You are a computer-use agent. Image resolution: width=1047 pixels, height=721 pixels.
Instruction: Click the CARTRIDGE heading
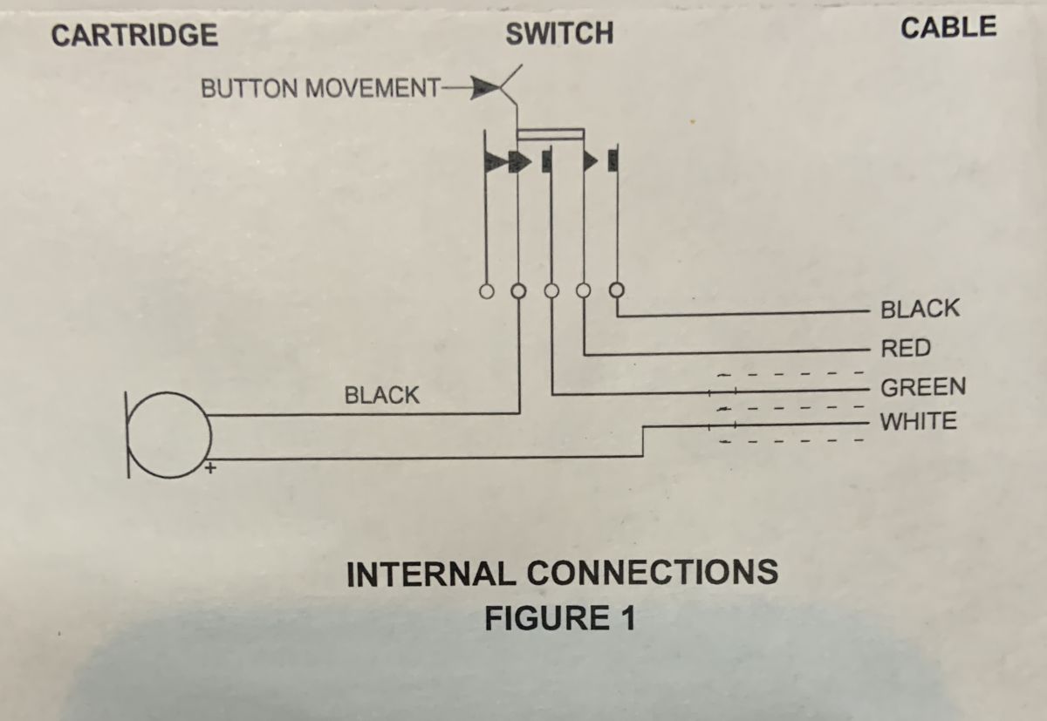tap(134, 35)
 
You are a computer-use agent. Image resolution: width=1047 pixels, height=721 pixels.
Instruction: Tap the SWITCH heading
tap(559, 34)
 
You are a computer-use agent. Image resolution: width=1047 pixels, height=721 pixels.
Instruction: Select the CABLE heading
tap(948, 28)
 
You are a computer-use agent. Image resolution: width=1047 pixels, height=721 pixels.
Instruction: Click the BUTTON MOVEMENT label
tap(320, 89)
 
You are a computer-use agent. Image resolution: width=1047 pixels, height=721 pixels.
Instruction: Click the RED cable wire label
tap(906, 349)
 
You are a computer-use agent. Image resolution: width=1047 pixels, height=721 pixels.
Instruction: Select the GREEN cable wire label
tap(923, 386)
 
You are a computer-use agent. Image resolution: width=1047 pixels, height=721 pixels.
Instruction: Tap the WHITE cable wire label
tap(918, 422)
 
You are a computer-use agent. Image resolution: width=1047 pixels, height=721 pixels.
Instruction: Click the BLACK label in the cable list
tap(920, 309)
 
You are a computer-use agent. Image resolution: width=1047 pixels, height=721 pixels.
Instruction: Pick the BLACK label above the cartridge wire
tap(381, 395)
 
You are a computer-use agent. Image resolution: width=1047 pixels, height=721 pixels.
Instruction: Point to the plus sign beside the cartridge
tap(210, 468)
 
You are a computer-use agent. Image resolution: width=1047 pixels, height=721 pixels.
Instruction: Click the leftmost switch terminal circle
tap(485, 290)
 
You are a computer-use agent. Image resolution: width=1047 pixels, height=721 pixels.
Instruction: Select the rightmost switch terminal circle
tap(617, 289)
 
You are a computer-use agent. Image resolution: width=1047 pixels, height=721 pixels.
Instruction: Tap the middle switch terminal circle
tap(551, 290)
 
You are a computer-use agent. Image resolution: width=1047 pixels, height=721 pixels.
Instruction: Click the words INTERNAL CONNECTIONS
tap(562, 574)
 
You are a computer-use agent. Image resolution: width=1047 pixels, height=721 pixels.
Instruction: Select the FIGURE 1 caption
tap(559, 618)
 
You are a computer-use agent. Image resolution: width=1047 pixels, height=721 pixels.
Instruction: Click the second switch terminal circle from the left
tap(518, 290)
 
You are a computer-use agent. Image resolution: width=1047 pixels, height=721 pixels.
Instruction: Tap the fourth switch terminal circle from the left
tap(584, 290)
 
